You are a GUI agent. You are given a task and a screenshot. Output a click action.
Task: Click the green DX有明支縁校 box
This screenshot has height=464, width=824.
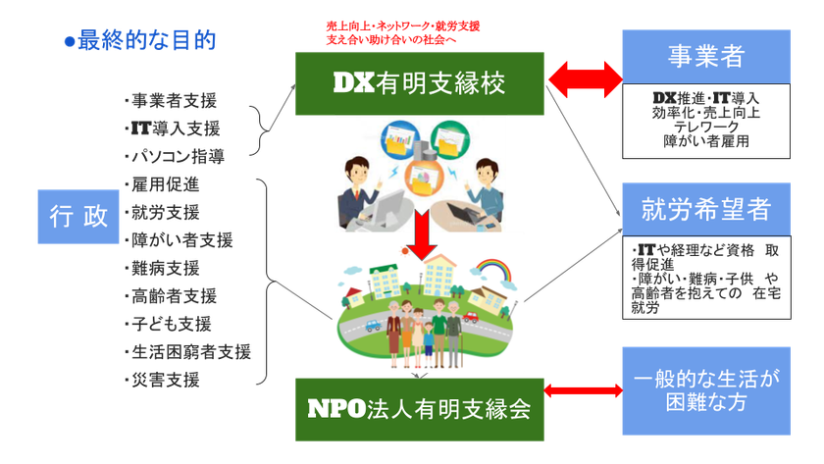coord(420,83)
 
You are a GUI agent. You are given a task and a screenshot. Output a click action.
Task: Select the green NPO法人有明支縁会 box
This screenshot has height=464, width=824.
coord(420,409)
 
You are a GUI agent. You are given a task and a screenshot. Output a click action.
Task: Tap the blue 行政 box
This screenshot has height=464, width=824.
coord(78,217)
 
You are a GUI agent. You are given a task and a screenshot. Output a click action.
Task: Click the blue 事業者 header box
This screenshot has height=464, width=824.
coord(706,56)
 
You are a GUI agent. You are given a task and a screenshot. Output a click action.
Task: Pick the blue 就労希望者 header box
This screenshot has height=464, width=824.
coord(706,209)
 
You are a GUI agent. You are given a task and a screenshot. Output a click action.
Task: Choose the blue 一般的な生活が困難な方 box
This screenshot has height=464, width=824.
coord(706,391)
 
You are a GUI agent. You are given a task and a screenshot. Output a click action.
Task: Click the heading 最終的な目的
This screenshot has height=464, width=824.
coord(140,40)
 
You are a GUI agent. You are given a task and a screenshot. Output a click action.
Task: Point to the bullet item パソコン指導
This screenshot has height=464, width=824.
coord(175,156)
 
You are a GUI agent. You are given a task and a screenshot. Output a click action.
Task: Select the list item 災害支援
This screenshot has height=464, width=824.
coord(163,380)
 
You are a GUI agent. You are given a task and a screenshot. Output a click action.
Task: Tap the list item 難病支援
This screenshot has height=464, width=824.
coord(163,268)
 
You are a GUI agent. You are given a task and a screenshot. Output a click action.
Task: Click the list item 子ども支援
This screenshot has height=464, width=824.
coord(168,324)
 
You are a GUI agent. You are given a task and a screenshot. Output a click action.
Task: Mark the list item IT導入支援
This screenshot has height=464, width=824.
coord(173,129)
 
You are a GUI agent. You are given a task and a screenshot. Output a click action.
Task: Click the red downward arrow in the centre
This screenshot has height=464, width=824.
coord(422,234)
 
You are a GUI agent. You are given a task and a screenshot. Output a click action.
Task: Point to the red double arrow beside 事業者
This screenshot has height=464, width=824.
coord(585,79)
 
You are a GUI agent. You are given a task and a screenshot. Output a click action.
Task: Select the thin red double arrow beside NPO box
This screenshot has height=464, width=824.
coord(584,390)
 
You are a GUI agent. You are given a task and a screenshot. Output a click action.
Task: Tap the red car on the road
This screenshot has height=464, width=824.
coord(470,316)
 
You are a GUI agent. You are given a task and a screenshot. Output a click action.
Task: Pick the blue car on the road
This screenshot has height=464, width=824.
coord(373,326)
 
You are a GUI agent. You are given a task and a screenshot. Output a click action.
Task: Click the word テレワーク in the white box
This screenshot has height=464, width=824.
coord(706,127)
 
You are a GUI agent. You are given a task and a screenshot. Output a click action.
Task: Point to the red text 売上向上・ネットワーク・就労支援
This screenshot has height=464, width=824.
coord(402,26)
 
